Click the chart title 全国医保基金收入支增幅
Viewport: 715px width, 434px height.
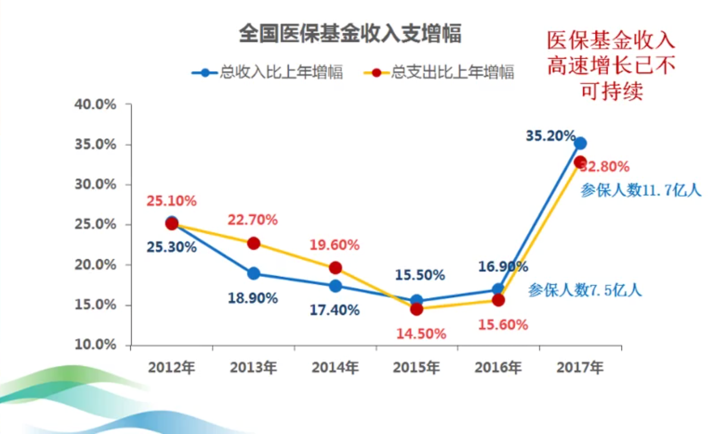click(349, 33)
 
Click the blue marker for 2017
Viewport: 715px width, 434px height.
click(580, 143)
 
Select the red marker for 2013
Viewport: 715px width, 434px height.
click(254, 243)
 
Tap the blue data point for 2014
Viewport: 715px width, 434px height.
click(335, 286)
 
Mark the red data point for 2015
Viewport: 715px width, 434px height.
click(417, 309)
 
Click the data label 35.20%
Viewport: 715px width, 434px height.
click(551, 136)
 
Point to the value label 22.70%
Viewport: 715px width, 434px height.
click(252, 220)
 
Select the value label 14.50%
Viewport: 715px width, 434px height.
click(421, 333)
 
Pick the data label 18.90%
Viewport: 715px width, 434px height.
click(252, 298)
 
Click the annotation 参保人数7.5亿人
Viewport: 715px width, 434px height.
click(585, 291)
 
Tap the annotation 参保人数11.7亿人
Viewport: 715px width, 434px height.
click(641, 191)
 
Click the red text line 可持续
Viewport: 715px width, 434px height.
click(612, 91)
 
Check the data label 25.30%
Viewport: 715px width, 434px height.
click(171, 247)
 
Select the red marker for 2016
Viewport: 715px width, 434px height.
click(498, 300)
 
